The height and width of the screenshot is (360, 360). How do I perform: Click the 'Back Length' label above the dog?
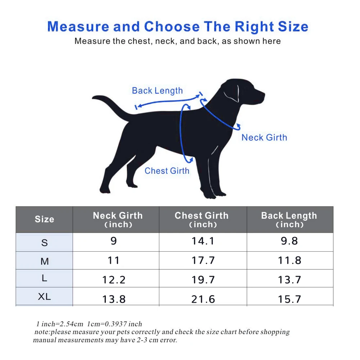(x=157, y=91)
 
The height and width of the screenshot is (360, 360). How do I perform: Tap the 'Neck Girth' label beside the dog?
(x=264, y=138)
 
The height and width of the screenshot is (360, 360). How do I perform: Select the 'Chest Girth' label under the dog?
(x=167, y=171)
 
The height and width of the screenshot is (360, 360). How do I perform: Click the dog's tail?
(x=110, y=105)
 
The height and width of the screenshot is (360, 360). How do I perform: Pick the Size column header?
(x=44, y=219)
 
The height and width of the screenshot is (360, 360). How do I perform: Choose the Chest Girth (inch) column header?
(x=202, y=220)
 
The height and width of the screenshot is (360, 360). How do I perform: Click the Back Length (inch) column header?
(x=289, y=220)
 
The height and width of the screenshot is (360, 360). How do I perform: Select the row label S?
(x=45, y=243)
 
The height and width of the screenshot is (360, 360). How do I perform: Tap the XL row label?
(x=44, y=297)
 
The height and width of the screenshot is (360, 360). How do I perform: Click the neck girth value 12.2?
(x=114, y=280)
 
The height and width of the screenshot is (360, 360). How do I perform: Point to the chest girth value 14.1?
(x=203, y=241)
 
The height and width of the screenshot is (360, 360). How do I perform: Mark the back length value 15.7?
(x=289, y=299)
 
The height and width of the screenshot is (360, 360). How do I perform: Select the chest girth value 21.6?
(x=203, y=299)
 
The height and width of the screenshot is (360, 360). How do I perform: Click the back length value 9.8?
(x=289, y=241)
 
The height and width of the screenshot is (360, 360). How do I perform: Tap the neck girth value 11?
(x=114, y=260)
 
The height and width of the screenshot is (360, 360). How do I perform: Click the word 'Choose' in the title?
(x=172, y=27)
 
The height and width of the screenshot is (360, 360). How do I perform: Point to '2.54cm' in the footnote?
(x=71, y=324)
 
